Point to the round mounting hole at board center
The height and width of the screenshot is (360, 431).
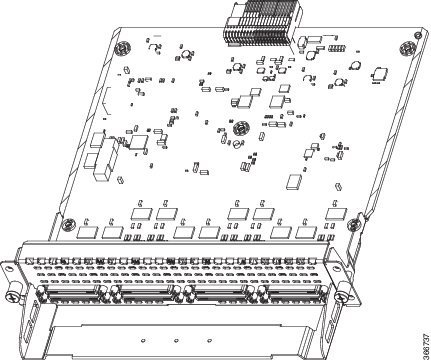pos(240,128)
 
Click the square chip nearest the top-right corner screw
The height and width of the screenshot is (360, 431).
pos(379,72)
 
